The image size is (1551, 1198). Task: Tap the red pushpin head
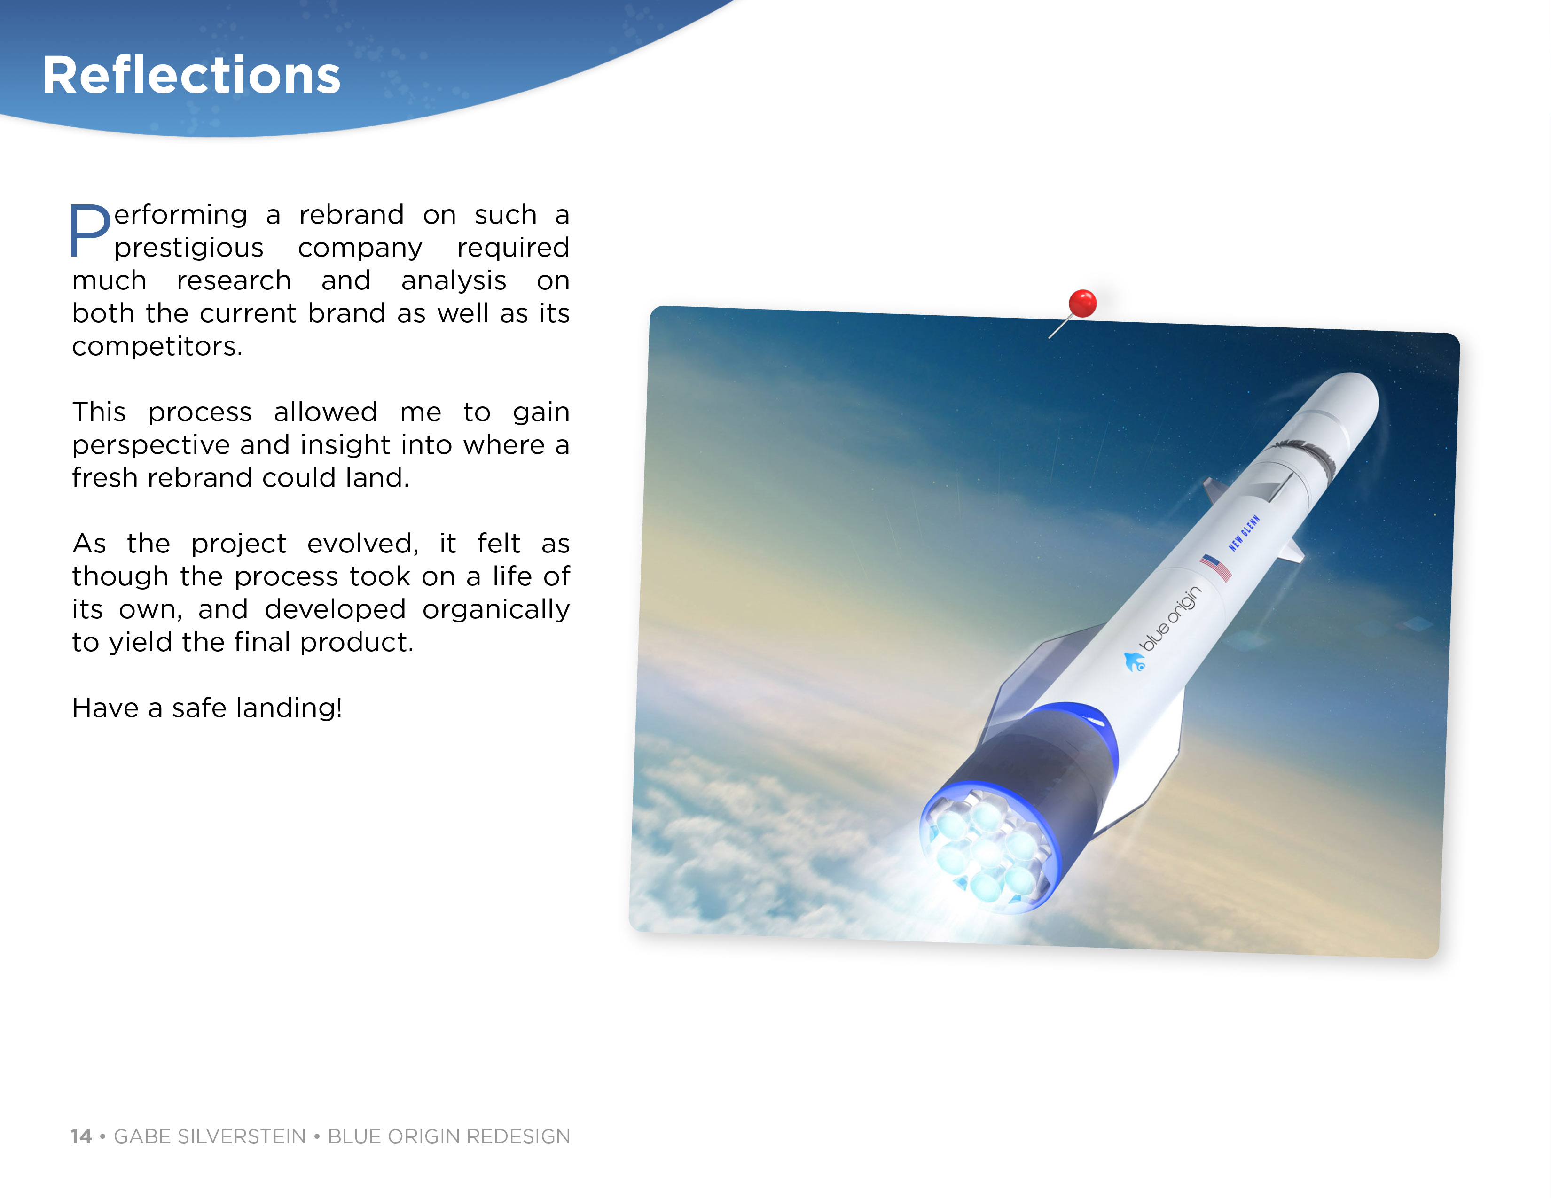pos(1082,303)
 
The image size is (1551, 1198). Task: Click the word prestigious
pos(189,248)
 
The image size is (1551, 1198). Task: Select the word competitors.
pos(157,346)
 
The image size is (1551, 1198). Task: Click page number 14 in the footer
pos(81,1136)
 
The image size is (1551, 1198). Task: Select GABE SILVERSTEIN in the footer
pos(210,1136)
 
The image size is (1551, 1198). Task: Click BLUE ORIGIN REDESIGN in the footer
pos(449,1136)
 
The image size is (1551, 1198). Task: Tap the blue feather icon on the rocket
pos(1134,662)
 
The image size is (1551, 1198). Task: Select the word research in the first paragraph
pos(234,280)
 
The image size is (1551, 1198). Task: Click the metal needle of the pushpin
pos(1060,327)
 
